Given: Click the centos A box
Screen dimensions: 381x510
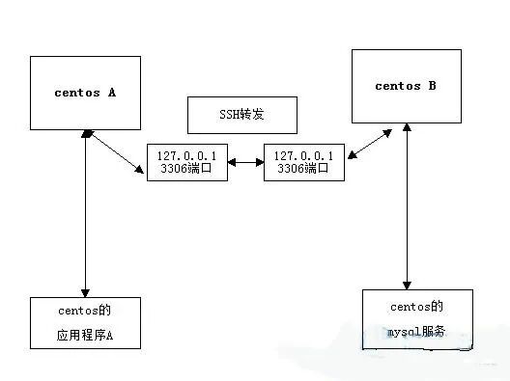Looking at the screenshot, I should pyautogui.click(x=86, y=93).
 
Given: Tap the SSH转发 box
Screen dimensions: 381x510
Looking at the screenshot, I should pyautogui.click(x=240, y=115).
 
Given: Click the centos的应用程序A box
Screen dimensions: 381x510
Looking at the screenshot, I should pyautogui.click(x=86, y=322).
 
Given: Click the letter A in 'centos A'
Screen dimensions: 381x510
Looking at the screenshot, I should pyautogui.click(x=111, y=93).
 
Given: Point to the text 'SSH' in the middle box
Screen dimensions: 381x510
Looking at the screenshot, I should pyautogui.click(x=224, y=115).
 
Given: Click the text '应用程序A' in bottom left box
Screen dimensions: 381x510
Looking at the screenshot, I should pyautogui.click(x=86, y=337).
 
